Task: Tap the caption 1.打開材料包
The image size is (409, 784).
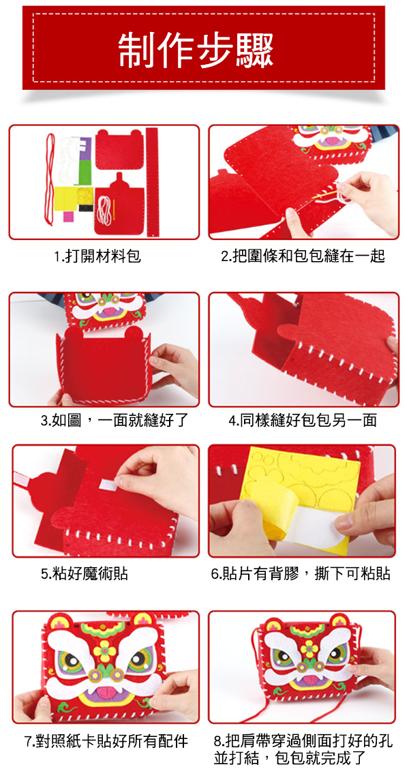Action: pyautogui.click(x=97, y=257)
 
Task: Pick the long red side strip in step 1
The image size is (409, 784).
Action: pyautogui.click(x=151, y=181)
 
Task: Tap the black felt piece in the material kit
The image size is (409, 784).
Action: pyautogui.click(x=84, y=207)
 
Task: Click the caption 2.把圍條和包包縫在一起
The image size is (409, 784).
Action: pyautogui.click(x=303, y=257)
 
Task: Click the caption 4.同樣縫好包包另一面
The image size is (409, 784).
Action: pyautogui.click(x=303, y=420)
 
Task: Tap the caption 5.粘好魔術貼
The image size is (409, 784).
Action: pyautogui.click(x=85, y=573)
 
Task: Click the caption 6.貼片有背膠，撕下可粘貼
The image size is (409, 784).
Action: pyautogui.click(x=301, y=573)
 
